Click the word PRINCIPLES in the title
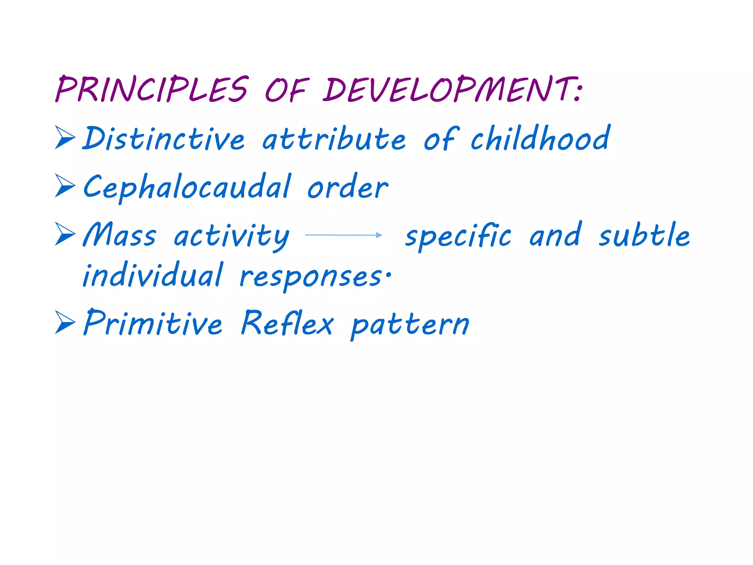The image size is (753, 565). pos(151,89)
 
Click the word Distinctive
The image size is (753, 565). pos(163,139)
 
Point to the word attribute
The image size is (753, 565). pos(334,139)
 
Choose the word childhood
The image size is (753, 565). pos(540,138)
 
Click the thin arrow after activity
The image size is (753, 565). pos(344,235)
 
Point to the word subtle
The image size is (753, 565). pos(644,235)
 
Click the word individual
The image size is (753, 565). pos(153,275)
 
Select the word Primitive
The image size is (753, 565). pos(153,323)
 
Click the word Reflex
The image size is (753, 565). pos(287,323)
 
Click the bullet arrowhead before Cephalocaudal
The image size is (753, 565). pos(65,186)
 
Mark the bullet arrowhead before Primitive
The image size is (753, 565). pos(65,322)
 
